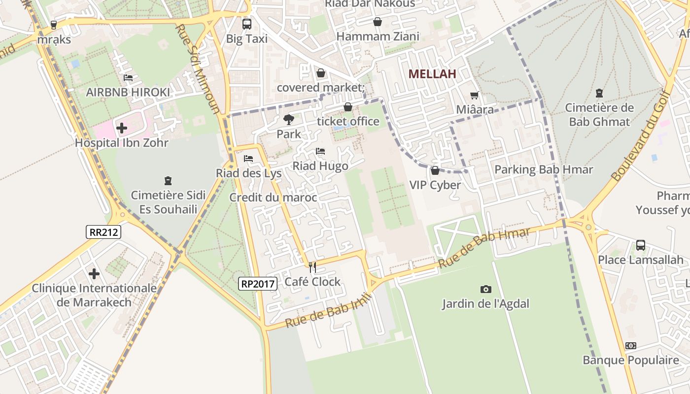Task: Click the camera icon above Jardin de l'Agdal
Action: pyautogui.click(x=485, y=289)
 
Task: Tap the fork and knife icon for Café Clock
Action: pyautogui.click(x=312, y=267)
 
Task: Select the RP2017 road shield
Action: pyautogui.click(x=257, y=283)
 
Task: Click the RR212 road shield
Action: pyautogui.click(x=103, y=232)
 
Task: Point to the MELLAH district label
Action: pyautogui.click(x=432, y=74)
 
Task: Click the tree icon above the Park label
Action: pyautogui.click(x=289, y=119)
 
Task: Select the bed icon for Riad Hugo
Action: pyautogui.click(x=320, y=151)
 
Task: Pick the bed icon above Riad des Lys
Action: pyautogui.click(x=248, y=159)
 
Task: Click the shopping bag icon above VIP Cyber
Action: pyautogui.click(x=435, y=170)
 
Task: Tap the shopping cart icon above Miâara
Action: pyautogui.click(x=474, y=95)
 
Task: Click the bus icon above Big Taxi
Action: pyautogui.click(x=246, y=24)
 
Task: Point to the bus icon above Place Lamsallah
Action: pyautogui.click(x=640, y=245)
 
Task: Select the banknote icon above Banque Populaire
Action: pyautogui.click(x=630, y=346)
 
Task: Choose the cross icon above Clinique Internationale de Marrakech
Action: pyautogui.click(x=94, y=274)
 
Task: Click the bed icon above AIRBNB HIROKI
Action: pyautogui.click(x=128, y=78)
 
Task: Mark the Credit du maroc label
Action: pyautogui.click(x=273, y=197)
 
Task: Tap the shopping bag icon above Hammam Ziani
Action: pyautogui.click(x=377, y=22)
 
